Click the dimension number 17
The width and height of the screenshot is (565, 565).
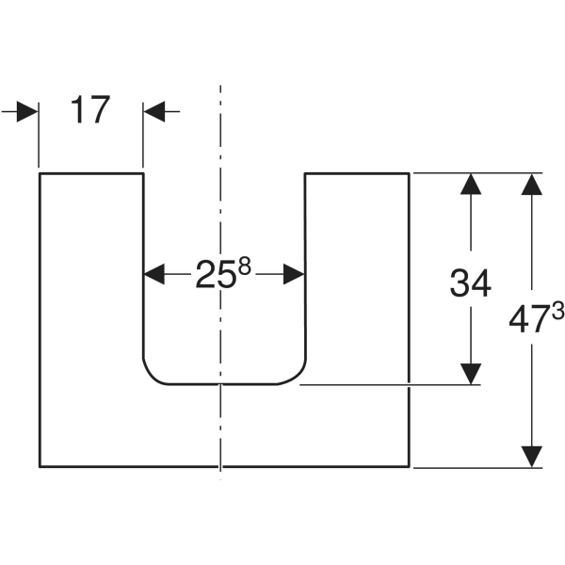(x=90, y=111)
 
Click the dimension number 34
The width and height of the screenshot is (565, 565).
(x=470, y=282)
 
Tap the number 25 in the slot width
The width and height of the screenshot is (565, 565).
(x=216, y=275)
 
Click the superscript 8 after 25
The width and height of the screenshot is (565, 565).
(x=244, y=266)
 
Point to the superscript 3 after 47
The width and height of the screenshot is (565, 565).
(x=557, y=312)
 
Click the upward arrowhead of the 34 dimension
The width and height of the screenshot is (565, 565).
(x=470, y=185)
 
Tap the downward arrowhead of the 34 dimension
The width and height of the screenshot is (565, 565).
(x=470, y=373)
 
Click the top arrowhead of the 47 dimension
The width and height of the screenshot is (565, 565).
(x=533, y=185)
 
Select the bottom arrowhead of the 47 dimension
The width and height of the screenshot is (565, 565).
(x=533, y=456)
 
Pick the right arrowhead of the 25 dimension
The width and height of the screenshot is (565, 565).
(x=294, y=275)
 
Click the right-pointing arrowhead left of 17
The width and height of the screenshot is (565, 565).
(x=27, y=111)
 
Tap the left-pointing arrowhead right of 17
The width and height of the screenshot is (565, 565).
(x=154, y=111)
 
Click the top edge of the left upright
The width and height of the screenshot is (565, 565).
(x=90, y=173)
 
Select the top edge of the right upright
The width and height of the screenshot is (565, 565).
(x=357, y=173)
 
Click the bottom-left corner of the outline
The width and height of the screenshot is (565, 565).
(x=39, y=466)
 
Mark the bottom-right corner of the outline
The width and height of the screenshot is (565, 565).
(x=409, y=466)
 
